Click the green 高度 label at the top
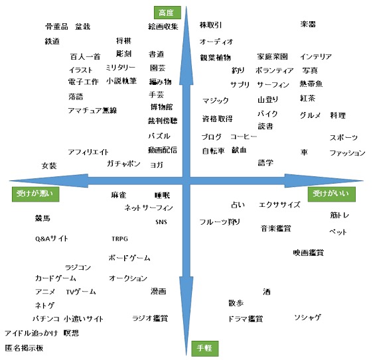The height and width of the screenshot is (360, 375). (167, 13)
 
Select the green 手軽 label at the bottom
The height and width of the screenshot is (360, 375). (205, 348)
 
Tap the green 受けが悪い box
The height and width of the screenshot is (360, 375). (35, 194)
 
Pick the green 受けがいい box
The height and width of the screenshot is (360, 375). (331, 194)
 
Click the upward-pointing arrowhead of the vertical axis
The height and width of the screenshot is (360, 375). (187, 45)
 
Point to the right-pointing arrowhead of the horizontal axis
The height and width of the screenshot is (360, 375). (324, 181)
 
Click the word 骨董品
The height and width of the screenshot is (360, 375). (56, 27)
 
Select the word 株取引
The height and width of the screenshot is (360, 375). (210, 25)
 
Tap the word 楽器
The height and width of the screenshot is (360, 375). (308, 24)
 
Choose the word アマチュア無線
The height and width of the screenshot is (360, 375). (92, 110)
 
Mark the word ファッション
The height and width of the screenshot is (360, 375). (347, 153)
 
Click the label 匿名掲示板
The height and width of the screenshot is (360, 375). (24, 348)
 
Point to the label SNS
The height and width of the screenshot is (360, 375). (161, 222)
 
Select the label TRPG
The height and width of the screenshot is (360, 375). (120, 239)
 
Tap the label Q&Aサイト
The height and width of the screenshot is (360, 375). (52, 239)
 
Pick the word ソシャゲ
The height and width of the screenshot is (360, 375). (307, 318)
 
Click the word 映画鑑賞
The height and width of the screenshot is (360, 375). (309, 253)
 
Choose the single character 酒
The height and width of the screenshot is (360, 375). (267, 292)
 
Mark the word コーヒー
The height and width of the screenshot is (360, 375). (244, 137)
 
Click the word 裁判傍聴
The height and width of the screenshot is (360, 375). (163, 121)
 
